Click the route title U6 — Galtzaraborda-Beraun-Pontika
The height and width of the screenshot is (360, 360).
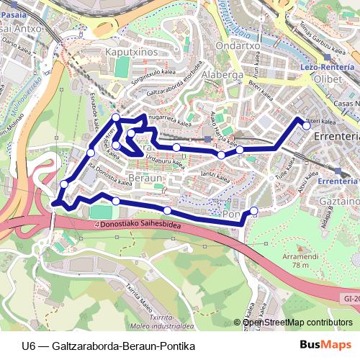109,346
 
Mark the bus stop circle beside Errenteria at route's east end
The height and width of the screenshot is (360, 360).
306,126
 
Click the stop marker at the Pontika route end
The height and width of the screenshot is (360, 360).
253,211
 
